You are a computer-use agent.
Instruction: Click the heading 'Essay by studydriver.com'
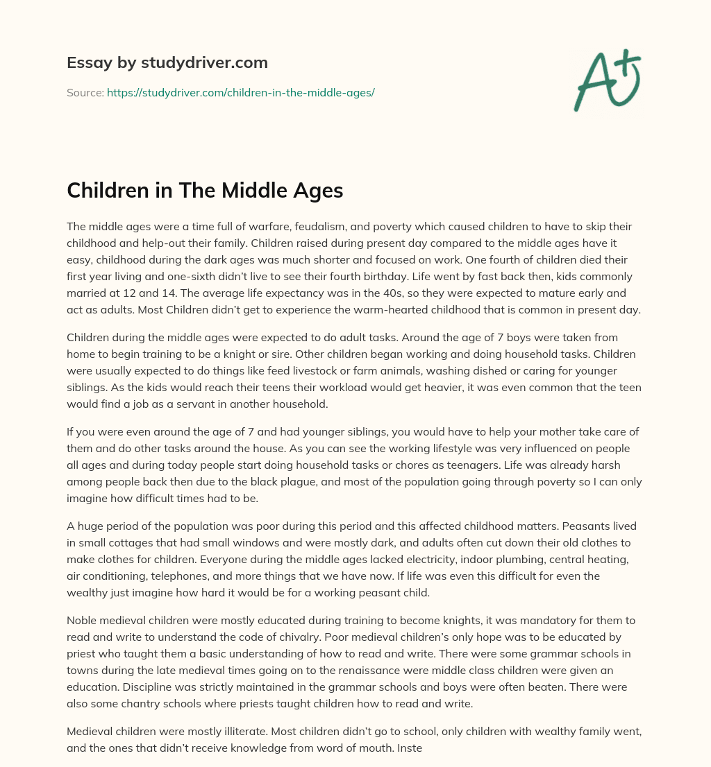pos(167,62)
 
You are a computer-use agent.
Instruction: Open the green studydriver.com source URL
pos(240,92)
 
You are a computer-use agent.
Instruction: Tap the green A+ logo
pos(606,80)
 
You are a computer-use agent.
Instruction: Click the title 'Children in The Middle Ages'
pos(205,191)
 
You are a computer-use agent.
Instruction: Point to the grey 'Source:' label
pos(85,92)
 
